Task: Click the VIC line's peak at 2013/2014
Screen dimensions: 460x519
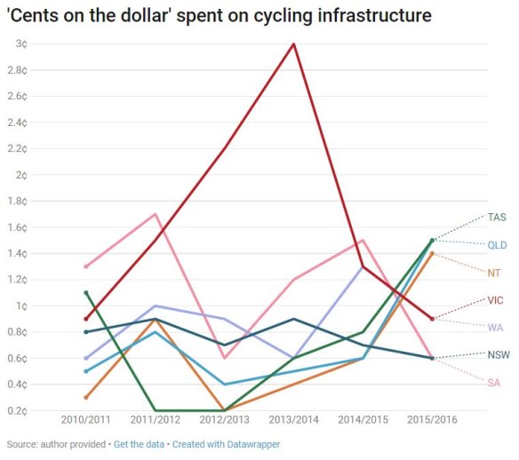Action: pos(293,44)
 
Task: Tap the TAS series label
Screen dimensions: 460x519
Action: pos(497,217)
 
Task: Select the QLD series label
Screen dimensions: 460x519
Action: pos(497,244)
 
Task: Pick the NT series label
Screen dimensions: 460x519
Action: pos(495,272)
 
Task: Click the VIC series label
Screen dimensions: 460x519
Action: pos(496,300)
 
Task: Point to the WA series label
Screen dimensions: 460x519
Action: pos(496,327)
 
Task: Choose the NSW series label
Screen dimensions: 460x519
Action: pos(498,354)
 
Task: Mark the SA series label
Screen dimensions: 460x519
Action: pos(494,382)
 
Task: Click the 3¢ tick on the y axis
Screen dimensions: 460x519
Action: pos(20,44)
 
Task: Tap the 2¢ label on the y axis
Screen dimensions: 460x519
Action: pos(20,175)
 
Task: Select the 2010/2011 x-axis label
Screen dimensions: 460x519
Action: pos(85,420)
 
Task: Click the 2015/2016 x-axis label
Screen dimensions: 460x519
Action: pos(432,420)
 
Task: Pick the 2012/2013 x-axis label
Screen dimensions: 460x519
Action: pos(224,420)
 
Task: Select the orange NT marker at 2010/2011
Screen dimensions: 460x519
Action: pos(85,397)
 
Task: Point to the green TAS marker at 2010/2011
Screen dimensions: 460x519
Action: pos(85,292)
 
